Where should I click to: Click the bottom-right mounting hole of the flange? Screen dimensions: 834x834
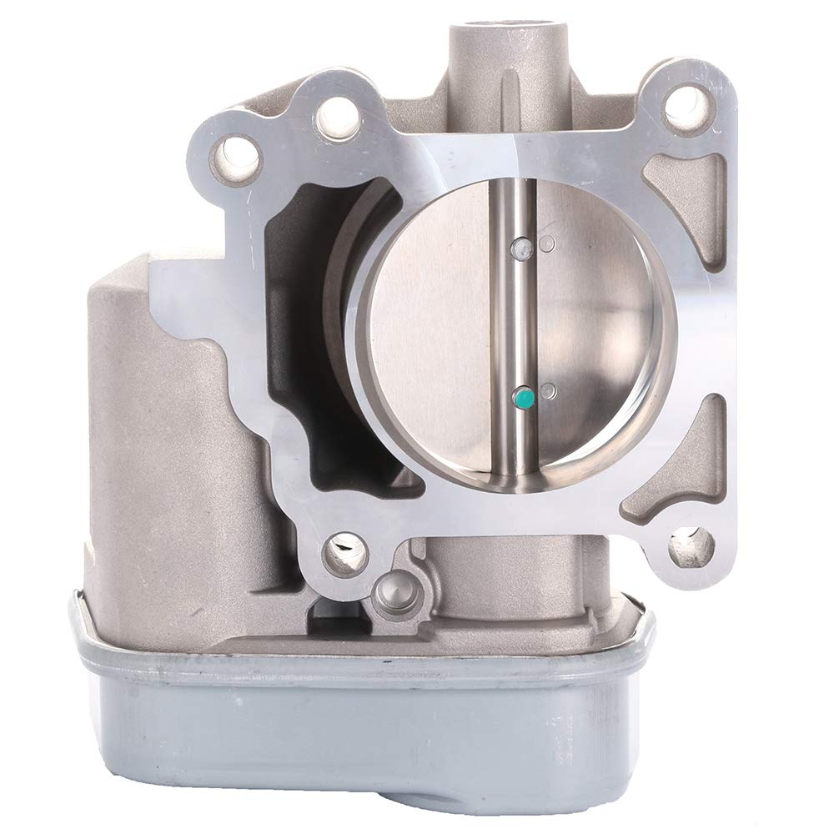691,546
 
